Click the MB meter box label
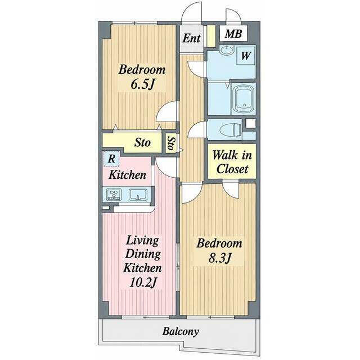tap(233, 34)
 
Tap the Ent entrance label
tap(191, 38)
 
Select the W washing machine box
tap(246, 56)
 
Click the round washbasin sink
tap(227, 49)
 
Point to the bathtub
tap(244, 98)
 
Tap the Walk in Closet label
tap(232, 163)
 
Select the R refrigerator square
tap(111, 159)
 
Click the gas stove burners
tap(114, 195)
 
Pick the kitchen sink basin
tap(138, 195)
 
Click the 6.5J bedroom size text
tap(142, 84)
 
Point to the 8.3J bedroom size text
tap(219, 258)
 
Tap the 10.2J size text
tap(143, 282)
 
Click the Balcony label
tap(181, 331)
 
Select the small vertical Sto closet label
tap(171, 143)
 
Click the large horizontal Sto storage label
tap(142, 142)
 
